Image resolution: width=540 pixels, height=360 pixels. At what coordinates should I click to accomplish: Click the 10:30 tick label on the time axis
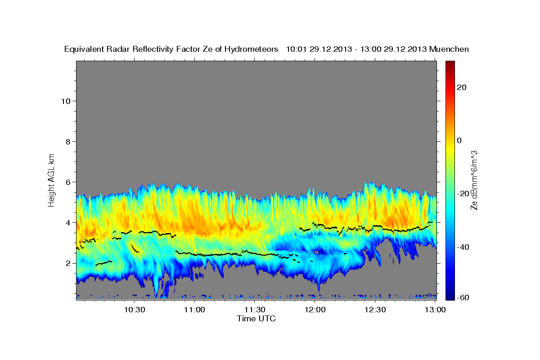[135, 310]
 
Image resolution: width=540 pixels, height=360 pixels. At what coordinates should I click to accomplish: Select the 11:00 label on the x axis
[195, 310]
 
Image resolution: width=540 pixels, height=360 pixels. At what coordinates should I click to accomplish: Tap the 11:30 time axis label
[255, 310]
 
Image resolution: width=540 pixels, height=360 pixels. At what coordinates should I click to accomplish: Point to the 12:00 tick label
[315, 310]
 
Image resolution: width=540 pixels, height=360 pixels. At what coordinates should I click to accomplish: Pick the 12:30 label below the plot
[375, 310]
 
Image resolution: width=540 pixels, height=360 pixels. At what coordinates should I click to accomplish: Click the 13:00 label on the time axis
[435, 310]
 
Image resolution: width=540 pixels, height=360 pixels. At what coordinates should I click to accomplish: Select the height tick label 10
[66, 101]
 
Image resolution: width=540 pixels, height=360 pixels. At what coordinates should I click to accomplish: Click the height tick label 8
[68, 141]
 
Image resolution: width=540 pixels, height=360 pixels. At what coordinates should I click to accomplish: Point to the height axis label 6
[68, 182]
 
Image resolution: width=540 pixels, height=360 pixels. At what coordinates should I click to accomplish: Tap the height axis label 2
[68, 263]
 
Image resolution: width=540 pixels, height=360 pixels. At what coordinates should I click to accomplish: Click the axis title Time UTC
[256, 319]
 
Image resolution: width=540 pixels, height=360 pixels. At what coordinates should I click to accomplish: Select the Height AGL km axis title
[52, 179]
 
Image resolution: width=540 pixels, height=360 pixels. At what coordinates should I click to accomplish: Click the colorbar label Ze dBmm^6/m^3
[474, 180]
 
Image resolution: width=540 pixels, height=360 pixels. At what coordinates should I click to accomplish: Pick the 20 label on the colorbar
[460, 87]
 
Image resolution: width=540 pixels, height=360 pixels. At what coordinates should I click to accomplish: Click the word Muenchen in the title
[450, 49]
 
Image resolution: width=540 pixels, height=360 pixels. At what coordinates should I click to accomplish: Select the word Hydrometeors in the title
[253, 49]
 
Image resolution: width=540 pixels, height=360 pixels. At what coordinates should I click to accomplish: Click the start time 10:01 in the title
[296, 49]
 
